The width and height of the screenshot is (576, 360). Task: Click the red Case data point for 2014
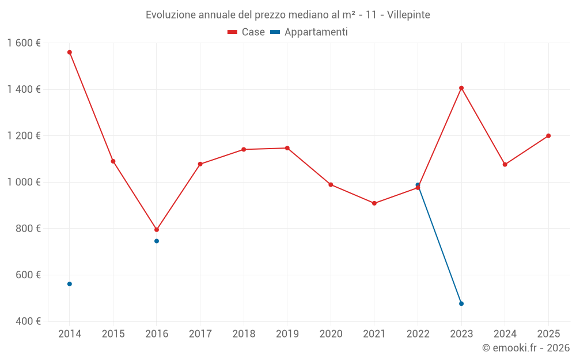[x=70, y=52]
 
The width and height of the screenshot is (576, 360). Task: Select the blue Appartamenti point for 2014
[x=70, y=284]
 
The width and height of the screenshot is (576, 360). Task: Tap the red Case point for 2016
[x=157, y=230]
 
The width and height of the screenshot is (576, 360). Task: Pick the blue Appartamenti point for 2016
[x=157, y=241]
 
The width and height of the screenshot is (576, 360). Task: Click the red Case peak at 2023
[x=461, y=88]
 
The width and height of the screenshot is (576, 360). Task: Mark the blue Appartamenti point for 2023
[x=461, y=304]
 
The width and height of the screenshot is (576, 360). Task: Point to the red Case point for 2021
[x=374, y=203]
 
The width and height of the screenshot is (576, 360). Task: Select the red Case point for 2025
[x=548, y=136]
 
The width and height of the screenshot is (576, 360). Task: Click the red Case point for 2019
[x=287, y=148]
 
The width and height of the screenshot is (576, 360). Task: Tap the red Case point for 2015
[x=113, y=161]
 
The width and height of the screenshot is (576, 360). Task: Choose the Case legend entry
[x=247, y=32]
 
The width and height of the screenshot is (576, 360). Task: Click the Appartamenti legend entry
[x=309, y=32]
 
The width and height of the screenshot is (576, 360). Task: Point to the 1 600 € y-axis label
[x=24, y=43]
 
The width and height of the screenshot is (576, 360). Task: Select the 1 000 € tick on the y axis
[x=24, y=182]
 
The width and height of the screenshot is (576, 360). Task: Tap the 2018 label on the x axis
[x=244, y=334]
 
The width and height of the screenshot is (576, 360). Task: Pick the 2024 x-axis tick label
[x=505, y=334]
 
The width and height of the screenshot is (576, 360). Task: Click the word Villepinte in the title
[x=408, y=15]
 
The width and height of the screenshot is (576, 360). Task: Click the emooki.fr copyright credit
[x=525, y=348]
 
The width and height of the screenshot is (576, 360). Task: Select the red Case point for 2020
[x=331, y=185]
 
